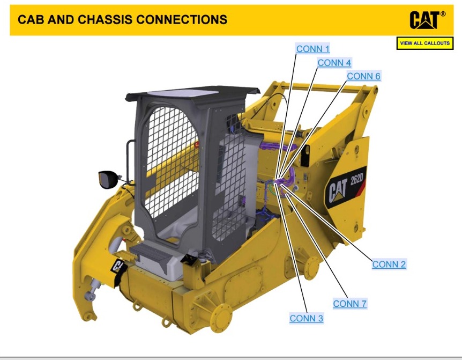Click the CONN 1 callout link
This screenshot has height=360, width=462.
313,49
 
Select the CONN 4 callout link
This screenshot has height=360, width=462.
334,63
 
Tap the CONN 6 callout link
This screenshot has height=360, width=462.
363,76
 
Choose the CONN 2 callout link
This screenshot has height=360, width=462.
389,264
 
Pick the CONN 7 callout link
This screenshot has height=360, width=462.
349,304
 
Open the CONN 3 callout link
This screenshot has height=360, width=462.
306,318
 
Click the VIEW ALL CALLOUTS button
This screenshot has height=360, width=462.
424,43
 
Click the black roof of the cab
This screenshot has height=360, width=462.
185,95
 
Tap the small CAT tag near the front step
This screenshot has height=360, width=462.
118,266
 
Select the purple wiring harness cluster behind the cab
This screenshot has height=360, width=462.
284,180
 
